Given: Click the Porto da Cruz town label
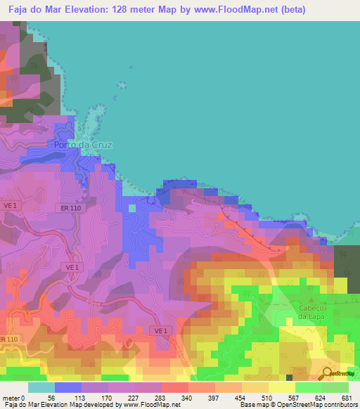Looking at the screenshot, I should (83, 145).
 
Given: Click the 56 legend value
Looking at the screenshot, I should (52, 398).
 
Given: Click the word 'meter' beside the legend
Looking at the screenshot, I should (11, 398).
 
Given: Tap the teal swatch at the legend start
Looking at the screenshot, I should (41, 387).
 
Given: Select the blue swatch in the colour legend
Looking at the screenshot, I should (67, 387).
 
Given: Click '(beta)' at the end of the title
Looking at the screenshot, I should (336, 11).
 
